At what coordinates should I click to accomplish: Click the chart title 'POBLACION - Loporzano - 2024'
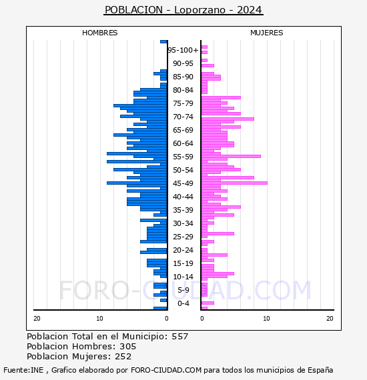183,10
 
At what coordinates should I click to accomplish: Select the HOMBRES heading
99,33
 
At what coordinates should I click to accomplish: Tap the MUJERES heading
267,33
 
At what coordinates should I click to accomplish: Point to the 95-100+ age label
183,50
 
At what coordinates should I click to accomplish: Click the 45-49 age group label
183,183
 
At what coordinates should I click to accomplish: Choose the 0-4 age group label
183,303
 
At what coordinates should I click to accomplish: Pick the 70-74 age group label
183,117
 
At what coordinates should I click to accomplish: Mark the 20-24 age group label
183,250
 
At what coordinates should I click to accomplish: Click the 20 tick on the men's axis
37,319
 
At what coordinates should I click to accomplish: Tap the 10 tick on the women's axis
266,319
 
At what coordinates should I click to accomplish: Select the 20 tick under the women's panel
330,319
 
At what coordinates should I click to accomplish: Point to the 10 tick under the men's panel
99,319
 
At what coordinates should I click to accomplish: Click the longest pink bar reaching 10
234,183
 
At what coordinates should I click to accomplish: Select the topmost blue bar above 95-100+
163,42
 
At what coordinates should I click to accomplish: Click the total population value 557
179,337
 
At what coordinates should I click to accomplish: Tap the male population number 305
128,346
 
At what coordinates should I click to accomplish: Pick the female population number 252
123,356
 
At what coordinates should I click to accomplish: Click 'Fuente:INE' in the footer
23,370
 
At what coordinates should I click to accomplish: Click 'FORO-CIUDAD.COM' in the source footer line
166,370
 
